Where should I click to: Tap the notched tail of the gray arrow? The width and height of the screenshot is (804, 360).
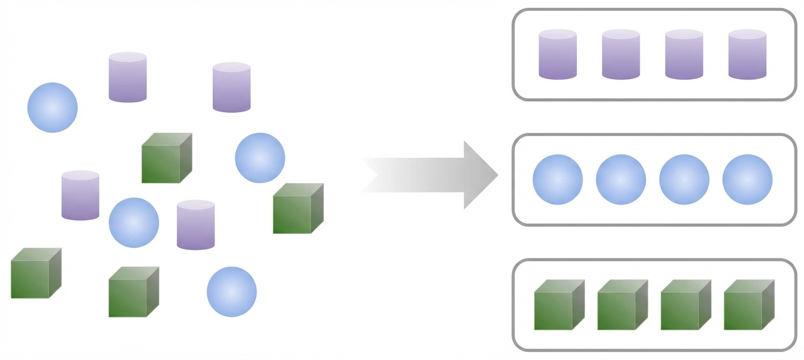click(x=374, y=175)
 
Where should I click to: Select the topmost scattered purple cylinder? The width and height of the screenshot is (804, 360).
click(x=128, y=77)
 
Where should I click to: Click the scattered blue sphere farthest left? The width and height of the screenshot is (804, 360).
click(x=52, y=107)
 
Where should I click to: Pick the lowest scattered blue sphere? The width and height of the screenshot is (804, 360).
click(x=231, y=291)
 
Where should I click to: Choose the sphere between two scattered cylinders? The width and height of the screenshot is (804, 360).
click(x=133, y=222)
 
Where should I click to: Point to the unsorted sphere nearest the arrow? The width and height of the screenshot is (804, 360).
click(x=260, y=157)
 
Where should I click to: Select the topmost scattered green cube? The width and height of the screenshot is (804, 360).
click(x=165, y=159)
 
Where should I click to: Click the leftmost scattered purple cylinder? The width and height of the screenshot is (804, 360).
click(x=80, y=195)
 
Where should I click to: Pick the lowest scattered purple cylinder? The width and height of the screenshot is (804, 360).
click(x=196, y=225)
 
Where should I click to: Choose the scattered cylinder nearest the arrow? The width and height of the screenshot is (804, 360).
click(x=231, y=87)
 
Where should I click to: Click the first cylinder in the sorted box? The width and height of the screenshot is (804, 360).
click(x=557, y=54)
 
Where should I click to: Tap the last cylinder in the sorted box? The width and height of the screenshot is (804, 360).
click(x=747, y=54)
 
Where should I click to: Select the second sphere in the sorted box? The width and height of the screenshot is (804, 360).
click(x=621, y=179)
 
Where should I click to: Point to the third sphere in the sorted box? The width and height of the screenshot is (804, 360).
click(x=684, y=179)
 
